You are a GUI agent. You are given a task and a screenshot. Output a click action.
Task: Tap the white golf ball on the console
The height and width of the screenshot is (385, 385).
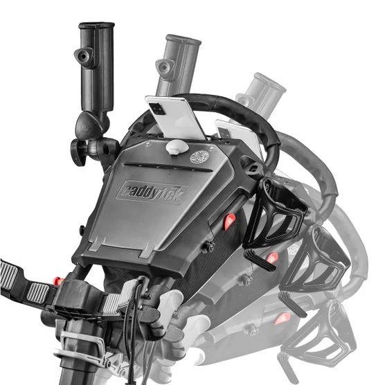tap(177, 147)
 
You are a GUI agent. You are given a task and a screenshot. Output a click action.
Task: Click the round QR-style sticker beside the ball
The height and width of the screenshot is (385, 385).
tap(199, 157)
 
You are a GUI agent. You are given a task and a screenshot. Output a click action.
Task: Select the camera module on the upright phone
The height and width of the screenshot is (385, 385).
tap(157, 109)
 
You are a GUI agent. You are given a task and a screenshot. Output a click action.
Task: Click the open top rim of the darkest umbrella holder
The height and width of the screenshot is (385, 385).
tap(96, 25)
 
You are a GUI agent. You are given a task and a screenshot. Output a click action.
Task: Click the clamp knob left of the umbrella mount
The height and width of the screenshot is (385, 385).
tap(78, 152)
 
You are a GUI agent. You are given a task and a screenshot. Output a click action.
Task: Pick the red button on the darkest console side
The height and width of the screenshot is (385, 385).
tap(229, 221)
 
